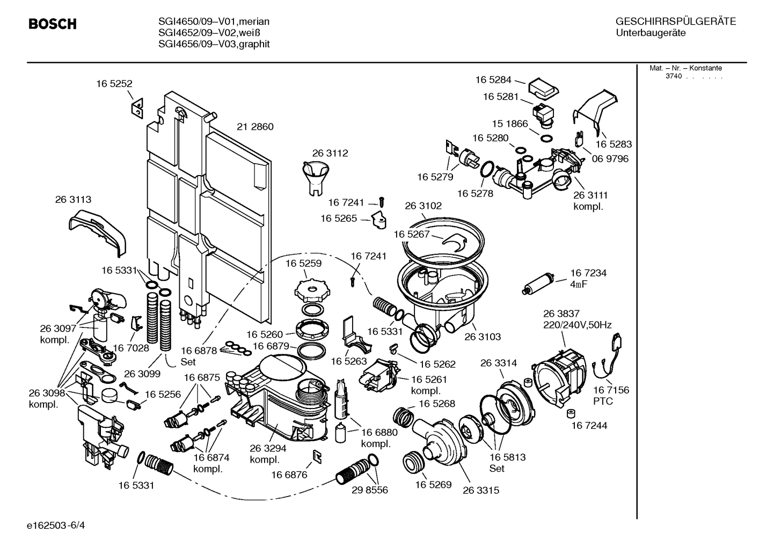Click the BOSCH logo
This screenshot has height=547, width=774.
[52, 24]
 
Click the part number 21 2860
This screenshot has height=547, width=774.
[255, 127]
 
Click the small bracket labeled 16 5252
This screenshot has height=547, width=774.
[137, 107]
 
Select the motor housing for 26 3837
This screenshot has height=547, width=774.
[558, 370]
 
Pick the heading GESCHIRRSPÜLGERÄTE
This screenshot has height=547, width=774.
[675, 21]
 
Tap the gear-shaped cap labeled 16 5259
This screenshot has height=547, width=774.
[310, 290]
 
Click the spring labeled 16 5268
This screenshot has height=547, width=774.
[404, 415]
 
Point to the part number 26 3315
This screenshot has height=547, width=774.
[480, 490]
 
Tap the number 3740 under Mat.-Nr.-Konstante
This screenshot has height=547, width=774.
[673, 76]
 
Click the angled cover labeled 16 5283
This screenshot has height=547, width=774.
[596, 110]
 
